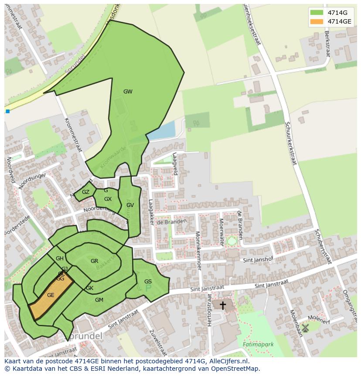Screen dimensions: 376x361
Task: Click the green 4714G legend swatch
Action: tap(317, 13)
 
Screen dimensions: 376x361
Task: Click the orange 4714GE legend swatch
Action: tap(317, 21)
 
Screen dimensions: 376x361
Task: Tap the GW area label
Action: tap(128, 92)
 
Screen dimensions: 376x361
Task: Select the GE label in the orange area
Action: tap(51, 295)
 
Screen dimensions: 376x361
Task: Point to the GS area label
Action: tap(148, 282)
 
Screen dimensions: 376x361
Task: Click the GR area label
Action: tap(94, 261)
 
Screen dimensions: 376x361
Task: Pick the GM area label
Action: tap(99, 300)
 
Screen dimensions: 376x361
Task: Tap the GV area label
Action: tap(130, 205)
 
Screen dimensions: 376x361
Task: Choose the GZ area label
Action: tap(85, 192)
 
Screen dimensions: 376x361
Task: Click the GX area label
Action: tap(108, 199)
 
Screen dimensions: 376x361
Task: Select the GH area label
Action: tap(60, 259)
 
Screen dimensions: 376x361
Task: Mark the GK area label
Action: tap(89, 288)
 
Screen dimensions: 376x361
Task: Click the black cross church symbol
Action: tap(223, 305)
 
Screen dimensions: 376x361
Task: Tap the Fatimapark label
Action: tap(258, 345)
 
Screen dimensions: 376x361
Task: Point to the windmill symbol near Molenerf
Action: tap(305, 328)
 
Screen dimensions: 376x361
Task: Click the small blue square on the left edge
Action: tap(7, 111)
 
